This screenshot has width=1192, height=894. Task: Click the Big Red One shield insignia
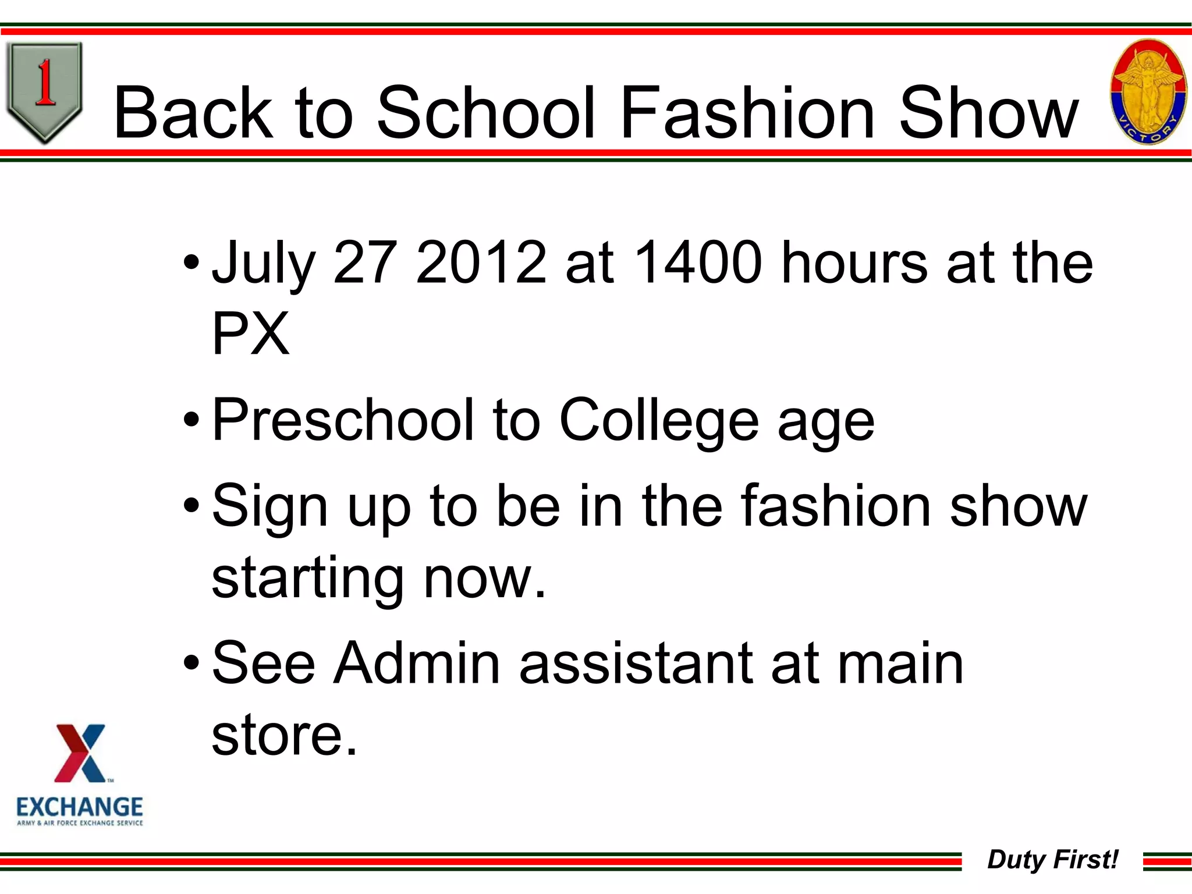[x=44, y=91]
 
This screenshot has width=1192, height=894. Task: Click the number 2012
[x=481, y=263]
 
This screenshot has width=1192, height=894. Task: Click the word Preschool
[x=343, y=420]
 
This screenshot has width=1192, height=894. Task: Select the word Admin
[x=416, y=663]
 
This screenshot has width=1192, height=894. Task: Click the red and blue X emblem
[x=80, y=753]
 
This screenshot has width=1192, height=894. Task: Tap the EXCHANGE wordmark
[x=80, y=807]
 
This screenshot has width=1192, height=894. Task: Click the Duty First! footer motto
[x=1052, y=860]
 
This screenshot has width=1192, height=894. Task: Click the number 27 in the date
[x=365, y=263]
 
